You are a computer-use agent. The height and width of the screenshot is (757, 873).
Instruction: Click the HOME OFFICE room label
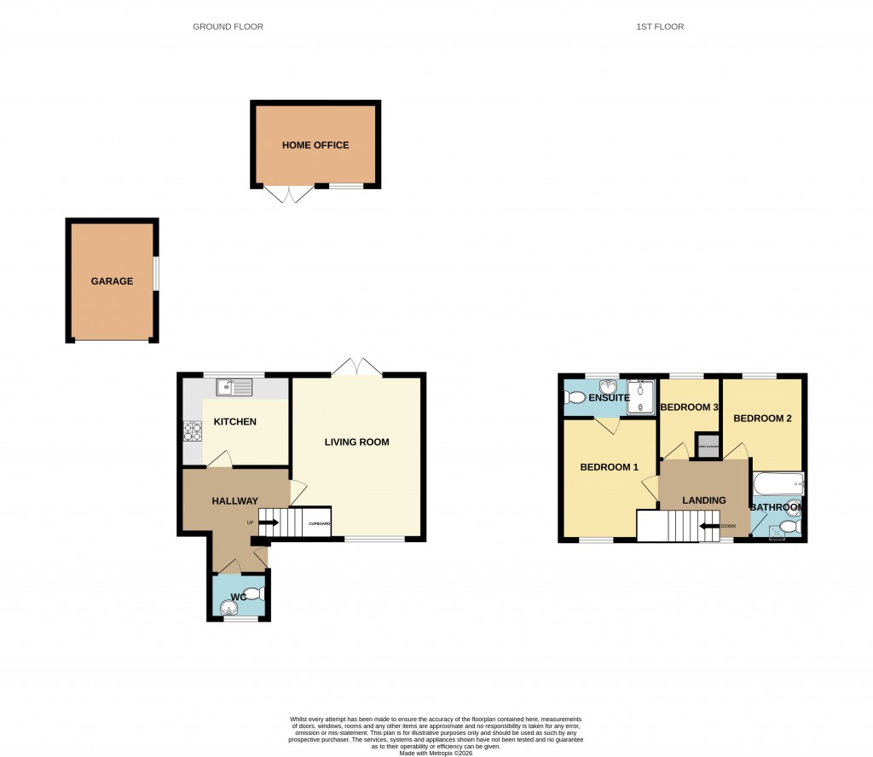tap(315, 146)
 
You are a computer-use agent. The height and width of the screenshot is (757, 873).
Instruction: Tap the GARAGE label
tap(113, 281)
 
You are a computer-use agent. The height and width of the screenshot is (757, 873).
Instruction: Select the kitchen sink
tap(234, 388)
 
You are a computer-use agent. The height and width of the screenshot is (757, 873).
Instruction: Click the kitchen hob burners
tap(193, 432)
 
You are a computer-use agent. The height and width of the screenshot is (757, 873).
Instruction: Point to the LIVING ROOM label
tap(356, 442)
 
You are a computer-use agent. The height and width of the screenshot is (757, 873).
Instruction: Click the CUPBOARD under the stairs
tap(319, 523)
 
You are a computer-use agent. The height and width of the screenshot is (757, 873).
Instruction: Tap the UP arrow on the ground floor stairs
tap(269, 523)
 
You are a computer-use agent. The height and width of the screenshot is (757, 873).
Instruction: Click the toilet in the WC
tap(253, 593)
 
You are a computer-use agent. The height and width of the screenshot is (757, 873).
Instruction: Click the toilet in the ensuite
tap(575, 397)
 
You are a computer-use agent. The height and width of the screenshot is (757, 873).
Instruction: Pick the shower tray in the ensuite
tap(640, 398)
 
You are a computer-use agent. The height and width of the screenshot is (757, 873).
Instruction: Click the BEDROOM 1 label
tap(610, 467)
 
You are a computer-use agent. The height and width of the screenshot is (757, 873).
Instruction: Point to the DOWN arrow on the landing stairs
tap(708, 526)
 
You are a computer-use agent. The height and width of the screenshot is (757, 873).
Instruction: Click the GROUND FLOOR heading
tap(228, 27)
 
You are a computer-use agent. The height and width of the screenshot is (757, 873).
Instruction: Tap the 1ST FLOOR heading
tap(660, 27)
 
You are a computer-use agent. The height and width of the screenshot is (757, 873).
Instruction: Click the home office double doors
tap(290, 194)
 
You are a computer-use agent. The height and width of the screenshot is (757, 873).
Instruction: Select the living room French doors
tap(356, 367)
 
